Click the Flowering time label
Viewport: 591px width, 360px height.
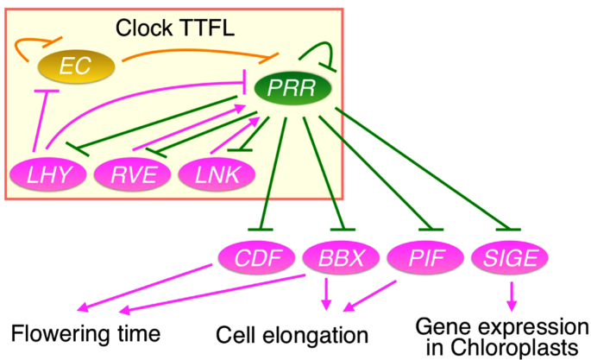coord(85,332)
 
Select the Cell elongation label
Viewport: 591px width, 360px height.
coord(292,334)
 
